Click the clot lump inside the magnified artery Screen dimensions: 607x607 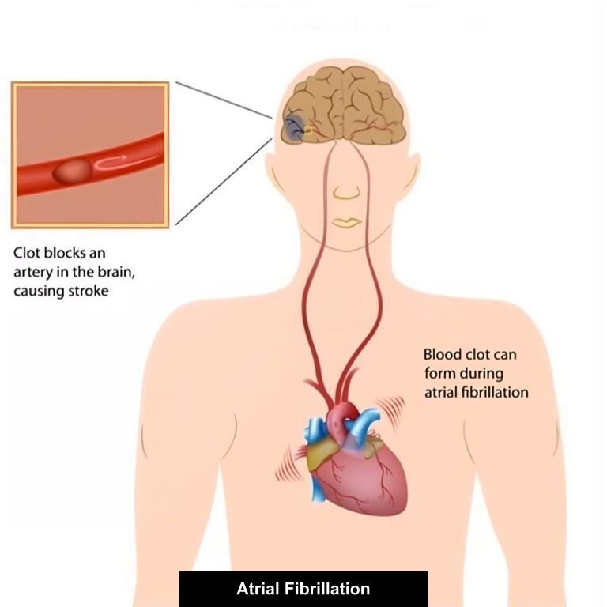(x=73, y=171)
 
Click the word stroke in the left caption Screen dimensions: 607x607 (x=89, y=291)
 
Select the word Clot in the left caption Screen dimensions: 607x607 (x=27, y=253)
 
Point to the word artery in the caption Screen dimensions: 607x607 (x=33, y=273)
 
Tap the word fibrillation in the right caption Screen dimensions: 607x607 (x=495, y=392)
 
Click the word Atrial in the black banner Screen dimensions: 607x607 (x=258, y=589)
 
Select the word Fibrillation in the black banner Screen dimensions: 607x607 (x=327, y=589)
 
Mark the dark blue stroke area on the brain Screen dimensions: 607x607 (x=293, y=129)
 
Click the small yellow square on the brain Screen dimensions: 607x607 (x=308, y=130)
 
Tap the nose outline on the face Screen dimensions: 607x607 (x=346, y=192)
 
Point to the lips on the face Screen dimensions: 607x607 (x=347, y=223)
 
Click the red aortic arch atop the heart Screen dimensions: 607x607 (x=344, y=413)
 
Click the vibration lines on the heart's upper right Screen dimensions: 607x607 (x=392, y=411)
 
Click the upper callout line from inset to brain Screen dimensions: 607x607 (x=224, y=100)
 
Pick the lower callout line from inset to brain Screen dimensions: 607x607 (x=224, y=182)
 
